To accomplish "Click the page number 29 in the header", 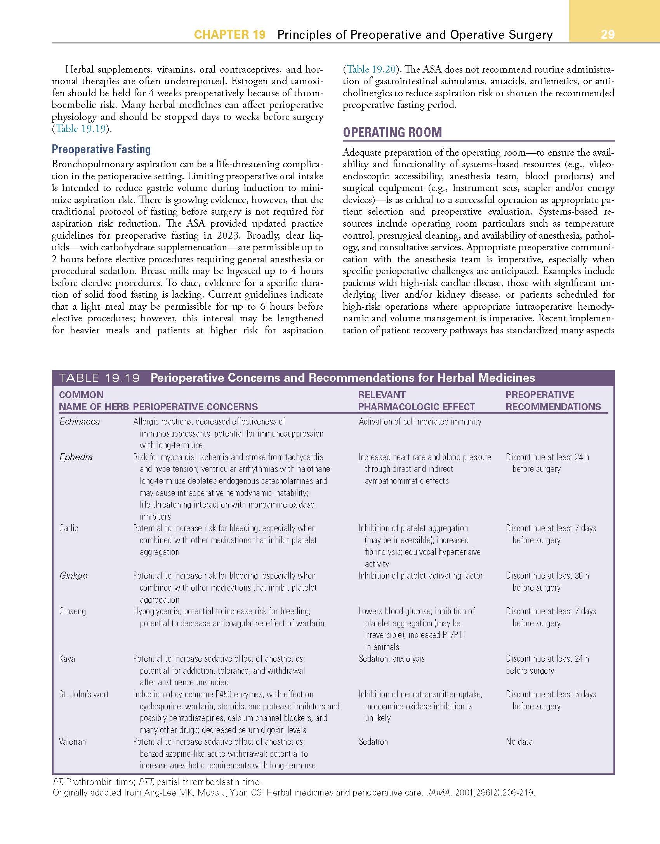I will [x=608, y=35].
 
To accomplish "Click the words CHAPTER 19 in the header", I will [x=230, y=35].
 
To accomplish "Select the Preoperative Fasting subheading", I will [x=101, y=149].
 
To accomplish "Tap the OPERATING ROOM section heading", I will [x=392, y=132].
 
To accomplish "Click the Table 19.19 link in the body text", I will [x=81, y=129].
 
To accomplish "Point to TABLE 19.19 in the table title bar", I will [x=99, y=378].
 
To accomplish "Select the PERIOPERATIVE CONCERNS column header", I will [x=195, y=407].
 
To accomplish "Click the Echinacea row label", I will [x=80, y=421].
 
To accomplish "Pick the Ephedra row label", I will [x=76, y=457].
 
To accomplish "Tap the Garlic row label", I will [x=69, y=528].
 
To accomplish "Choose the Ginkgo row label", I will [x=73, y=575].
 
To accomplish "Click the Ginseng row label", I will [x=73, y=611].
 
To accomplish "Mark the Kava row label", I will [x=67, y=659].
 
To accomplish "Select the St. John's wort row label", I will [x=84, y=694].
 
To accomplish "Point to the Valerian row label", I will [x=73, y=742].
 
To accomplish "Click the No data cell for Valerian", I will [x=519, y=742].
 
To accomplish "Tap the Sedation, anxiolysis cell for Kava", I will [x=392, y=659].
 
